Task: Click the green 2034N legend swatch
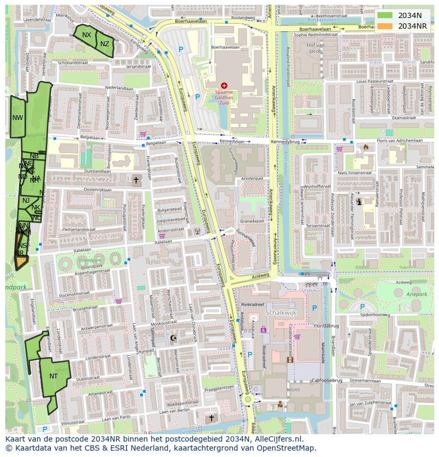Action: coord(385,16)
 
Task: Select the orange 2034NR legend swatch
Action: coord(385,26)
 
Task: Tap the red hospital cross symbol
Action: coord(224,85)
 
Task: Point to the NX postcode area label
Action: coord(86,35)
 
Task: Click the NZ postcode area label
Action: coord(104,44)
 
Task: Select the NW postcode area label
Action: coord(17,118)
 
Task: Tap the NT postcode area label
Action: coord(54,376)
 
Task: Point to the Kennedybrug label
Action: coord(285,142)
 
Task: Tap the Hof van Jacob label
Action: coord(315,48)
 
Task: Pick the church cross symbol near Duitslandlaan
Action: coord(136,180)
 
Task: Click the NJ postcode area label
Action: coord(26,201)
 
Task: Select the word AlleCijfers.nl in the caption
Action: coord(276,439)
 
